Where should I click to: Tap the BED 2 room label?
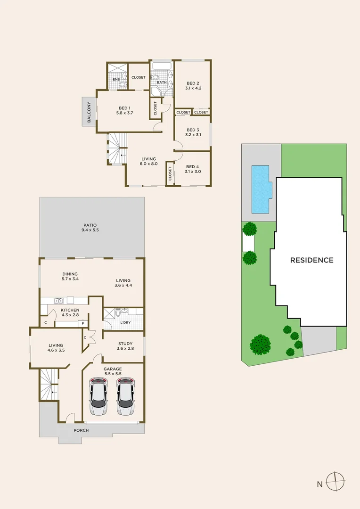tap(192, 83)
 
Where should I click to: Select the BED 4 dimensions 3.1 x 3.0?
tap(193, 172)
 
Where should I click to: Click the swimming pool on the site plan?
tap(261, 188)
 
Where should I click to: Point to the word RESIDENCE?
tap(311, 260)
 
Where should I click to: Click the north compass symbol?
tap(335, 482)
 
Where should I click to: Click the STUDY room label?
tap(125, 344)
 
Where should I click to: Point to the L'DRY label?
tap(125, 322)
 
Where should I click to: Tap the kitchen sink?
tap(58, 300)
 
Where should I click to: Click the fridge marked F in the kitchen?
tap(82, 324)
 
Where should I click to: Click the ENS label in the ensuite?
tap(115, 79)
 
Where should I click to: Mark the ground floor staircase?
tap(49, 384)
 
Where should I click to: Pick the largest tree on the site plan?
tap(260, 345)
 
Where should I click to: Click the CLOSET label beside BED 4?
tap(170, 174)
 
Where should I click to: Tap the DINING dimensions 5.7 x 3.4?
tap(70, 279)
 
